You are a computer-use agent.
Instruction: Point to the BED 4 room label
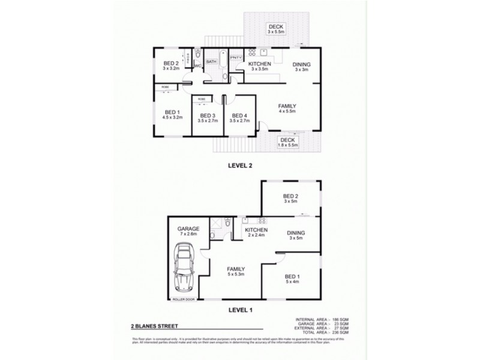click(239, 118)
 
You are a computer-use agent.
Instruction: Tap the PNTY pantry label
click(236, 58)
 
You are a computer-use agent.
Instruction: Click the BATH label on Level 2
click(211, 61)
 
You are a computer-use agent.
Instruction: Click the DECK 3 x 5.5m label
click(276, 29)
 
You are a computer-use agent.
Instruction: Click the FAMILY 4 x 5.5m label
click(287, 109)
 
